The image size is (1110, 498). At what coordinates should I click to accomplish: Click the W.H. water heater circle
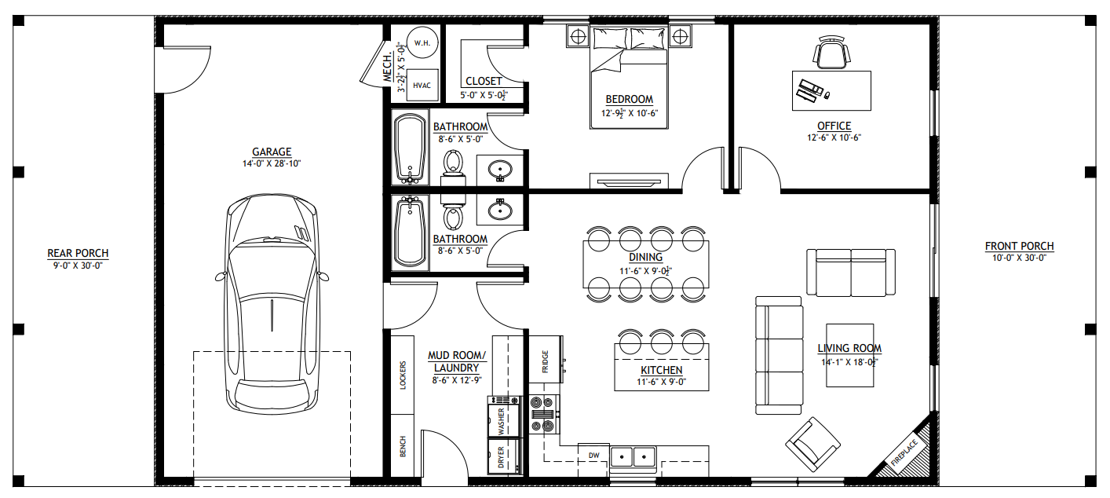coord(422,42)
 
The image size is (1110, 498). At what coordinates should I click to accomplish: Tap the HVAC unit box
coord(422,86)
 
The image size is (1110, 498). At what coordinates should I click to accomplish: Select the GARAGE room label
coord(272,152)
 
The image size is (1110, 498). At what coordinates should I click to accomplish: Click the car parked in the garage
coord(272,303)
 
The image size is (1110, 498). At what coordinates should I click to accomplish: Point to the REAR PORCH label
coord(78,254)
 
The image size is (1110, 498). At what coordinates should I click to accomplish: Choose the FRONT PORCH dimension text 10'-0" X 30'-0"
coord(1019,258)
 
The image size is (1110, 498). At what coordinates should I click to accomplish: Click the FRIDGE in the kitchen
coord(546,359)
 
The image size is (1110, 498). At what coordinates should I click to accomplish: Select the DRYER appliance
coord(503,456)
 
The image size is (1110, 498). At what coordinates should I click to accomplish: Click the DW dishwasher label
coord(593,456)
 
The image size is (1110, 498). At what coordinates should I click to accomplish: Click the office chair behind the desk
coord(831,52)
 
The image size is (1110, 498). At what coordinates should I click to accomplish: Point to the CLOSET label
coord(484,81)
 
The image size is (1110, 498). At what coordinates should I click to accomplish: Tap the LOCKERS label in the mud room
coord(403,375)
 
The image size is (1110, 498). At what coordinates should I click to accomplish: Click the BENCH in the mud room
coord(403,446)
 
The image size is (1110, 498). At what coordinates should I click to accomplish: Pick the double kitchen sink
coord(633,456)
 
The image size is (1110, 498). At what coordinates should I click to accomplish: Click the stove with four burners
coord(543,415)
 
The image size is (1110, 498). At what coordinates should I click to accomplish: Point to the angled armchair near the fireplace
coord(812,445)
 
